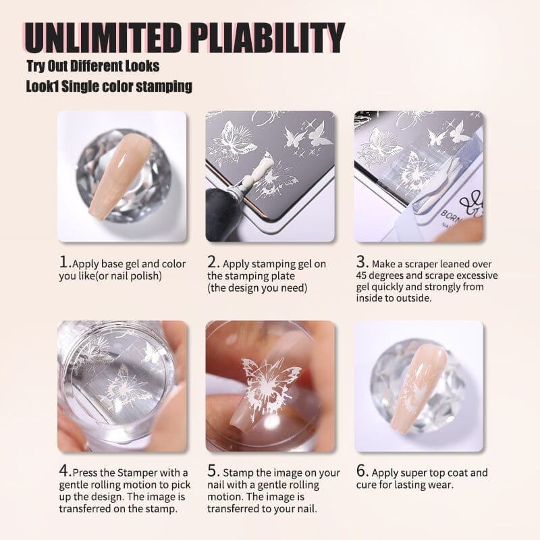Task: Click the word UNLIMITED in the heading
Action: [x=103, y=38]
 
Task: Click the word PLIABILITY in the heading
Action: [x=267, y=38]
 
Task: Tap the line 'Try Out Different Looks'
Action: [x=93, y=66]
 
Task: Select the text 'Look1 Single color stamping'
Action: [x=109, y=86]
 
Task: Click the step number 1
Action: [x=64, y=262]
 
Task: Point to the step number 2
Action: [x=213, y=262]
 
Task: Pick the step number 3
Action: [x=362, y=262]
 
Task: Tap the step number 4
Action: [x=64, y=470]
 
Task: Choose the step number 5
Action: [x=213, y=470]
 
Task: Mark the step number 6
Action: [x=362, y=470]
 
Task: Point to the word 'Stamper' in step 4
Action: [x=140, y=473]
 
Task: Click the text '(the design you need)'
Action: [x=257, y=288]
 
